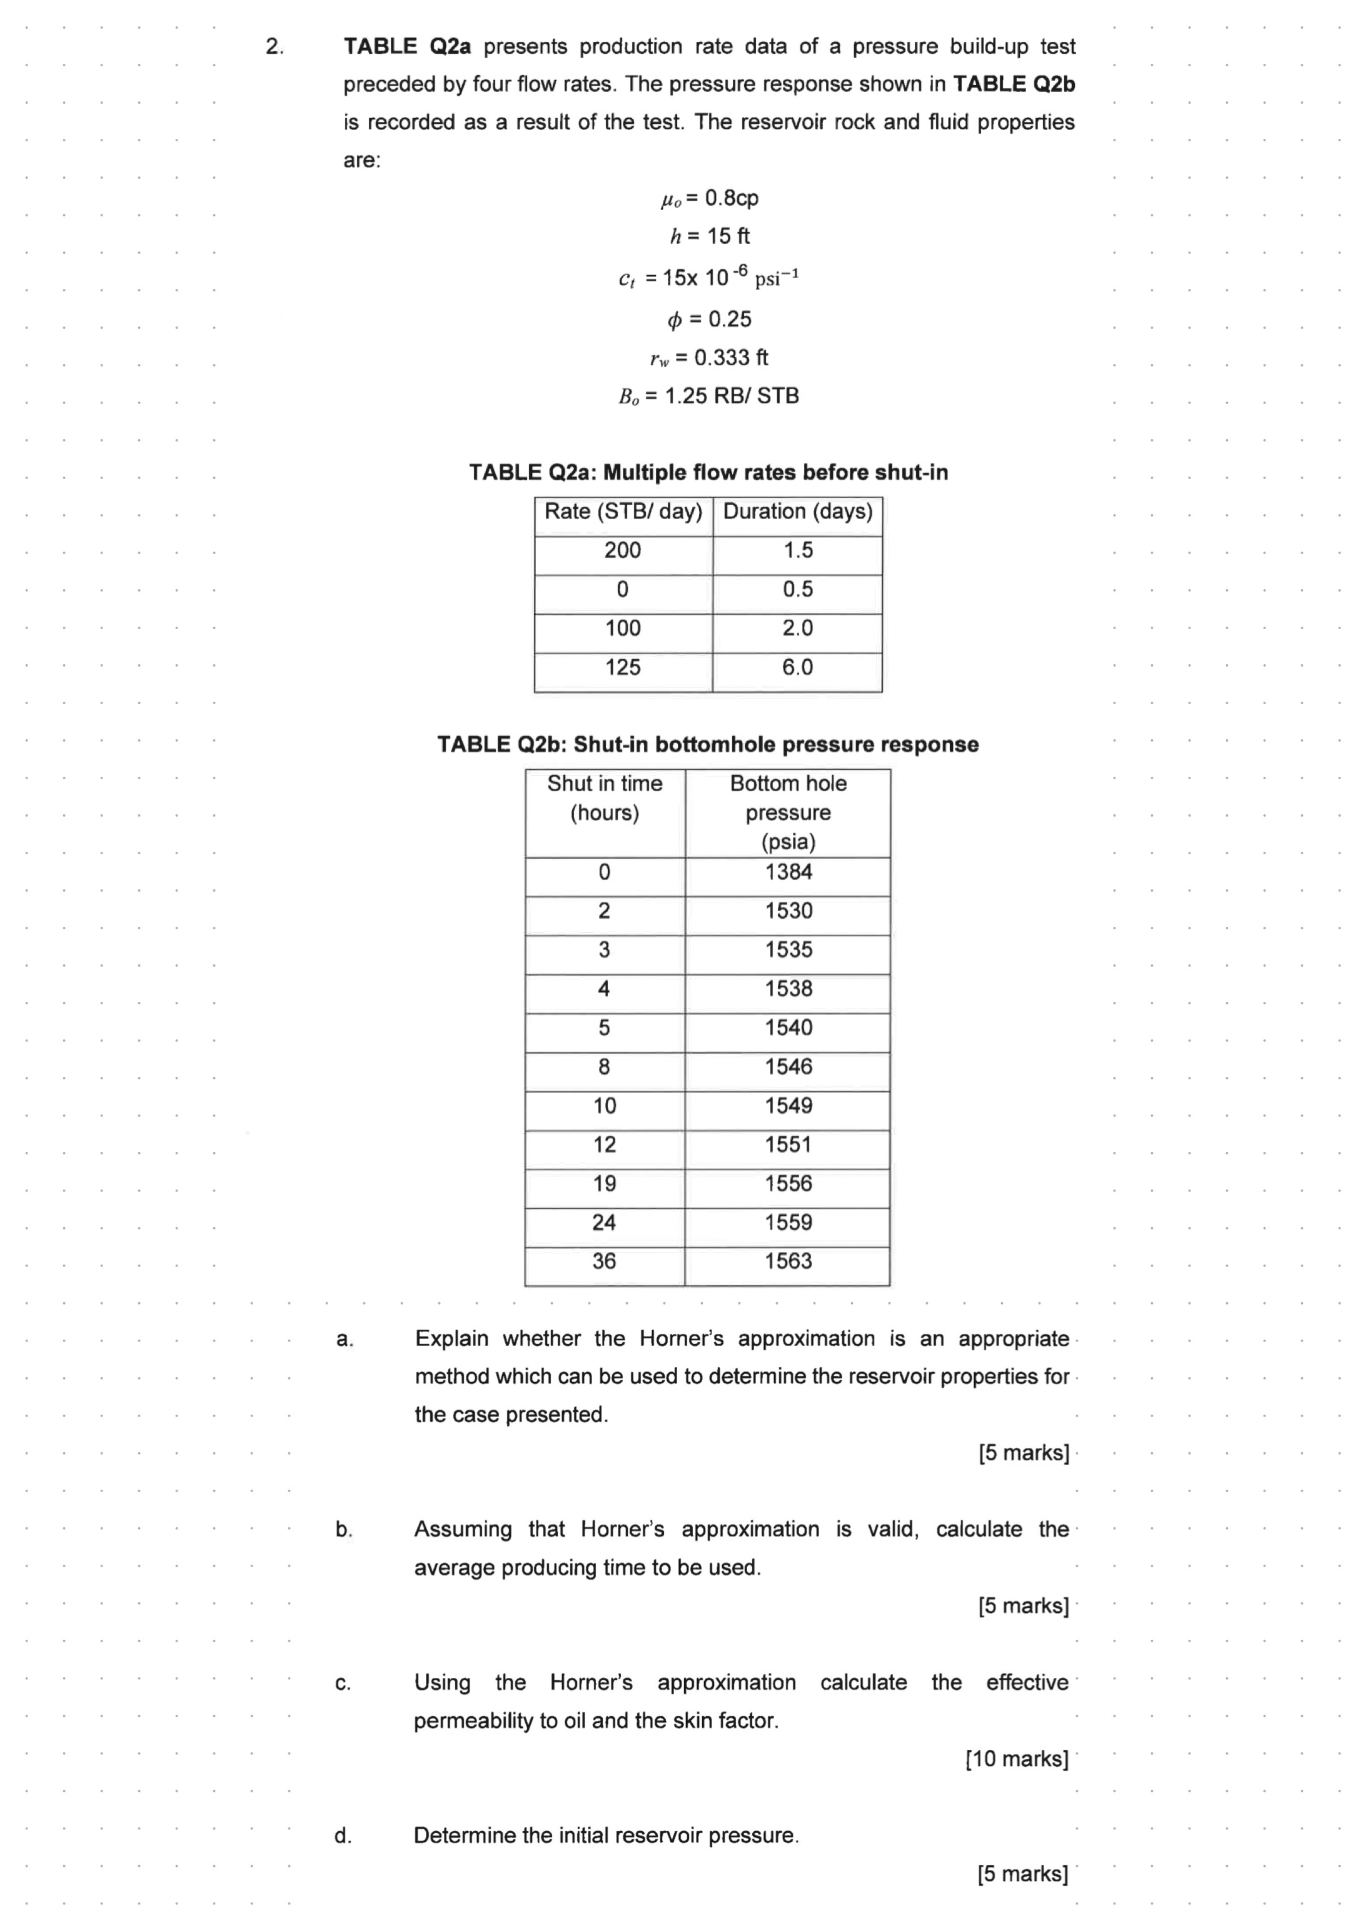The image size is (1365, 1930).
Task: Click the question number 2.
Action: [x=274, y=46]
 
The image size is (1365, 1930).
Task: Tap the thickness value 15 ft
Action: [x=728, y=236]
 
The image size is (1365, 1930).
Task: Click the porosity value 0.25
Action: [x=730, y=320]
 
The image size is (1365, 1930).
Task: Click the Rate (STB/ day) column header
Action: [x=623, y=511]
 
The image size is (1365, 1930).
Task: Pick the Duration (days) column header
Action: [x=798, y=511]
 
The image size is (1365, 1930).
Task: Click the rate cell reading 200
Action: [x=623, y=550]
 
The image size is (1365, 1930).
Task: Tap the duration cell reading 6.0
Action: [x=798, y=667]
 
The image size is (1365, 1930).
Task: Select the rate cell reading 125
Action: [x=623, y=667]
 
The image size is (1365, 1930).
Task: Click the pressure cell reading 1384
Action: [x=788, y=872]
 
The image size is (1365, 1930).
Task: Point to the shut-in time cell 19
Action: [x=604, y=1183]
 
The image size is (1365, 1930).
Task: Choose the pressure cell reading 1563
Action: [x=788, y=1261]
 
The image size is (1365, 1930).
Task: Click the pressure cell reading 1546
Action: [x=788, y=1067]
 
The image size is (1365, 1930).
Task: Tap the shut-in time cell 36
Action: [x=604, y=1261]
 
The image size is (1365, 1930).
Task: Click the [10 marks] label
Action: [x=1017, y=1759]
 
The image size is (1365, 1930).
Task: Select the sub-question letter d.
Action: [x=343, y=1836]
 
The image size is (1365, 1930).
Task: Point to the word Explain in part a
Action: [x=451, y=1339]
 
